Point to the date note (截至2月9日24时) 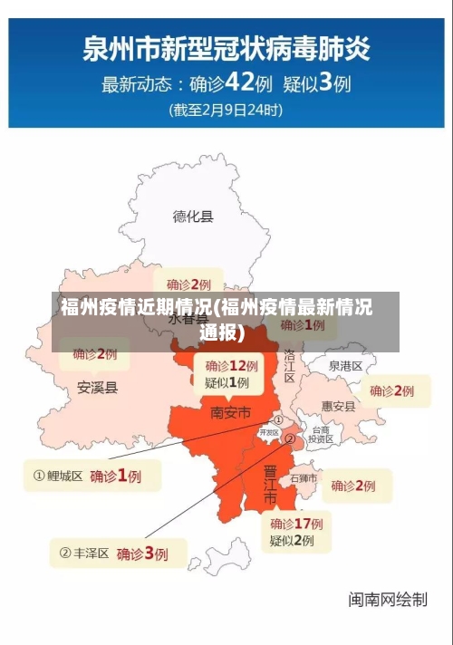tap(226, 111)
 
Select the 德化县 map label tap(193, 217)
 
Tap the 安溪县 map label tap(97, 388)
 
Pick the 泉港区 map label tap(345, 366)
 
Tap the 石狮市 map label tap(304, 478)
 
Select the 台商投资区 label tap(321, 434)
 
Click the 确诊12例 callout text tap(231, 366)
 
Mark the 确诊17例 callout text tap(296, 524)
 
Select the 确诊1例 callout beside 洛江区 tap(303, 324)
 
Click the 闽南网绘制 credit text tap(388, 599)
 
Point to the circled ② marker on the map tap(290, 438)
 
